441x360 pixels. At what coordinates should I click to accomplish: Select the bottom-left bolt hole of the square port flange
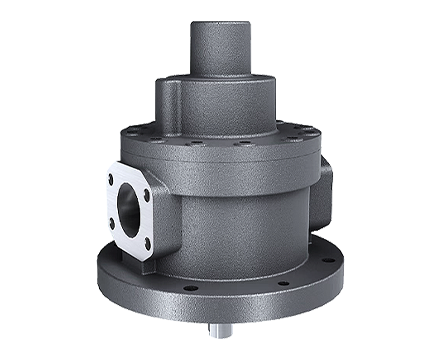click(111, 225)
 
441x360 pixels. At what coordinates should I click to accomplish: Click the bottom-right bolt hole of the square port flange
click(147, 242)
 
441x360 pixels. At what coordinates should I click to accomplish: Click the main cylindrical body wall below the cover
click(240, 220)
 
